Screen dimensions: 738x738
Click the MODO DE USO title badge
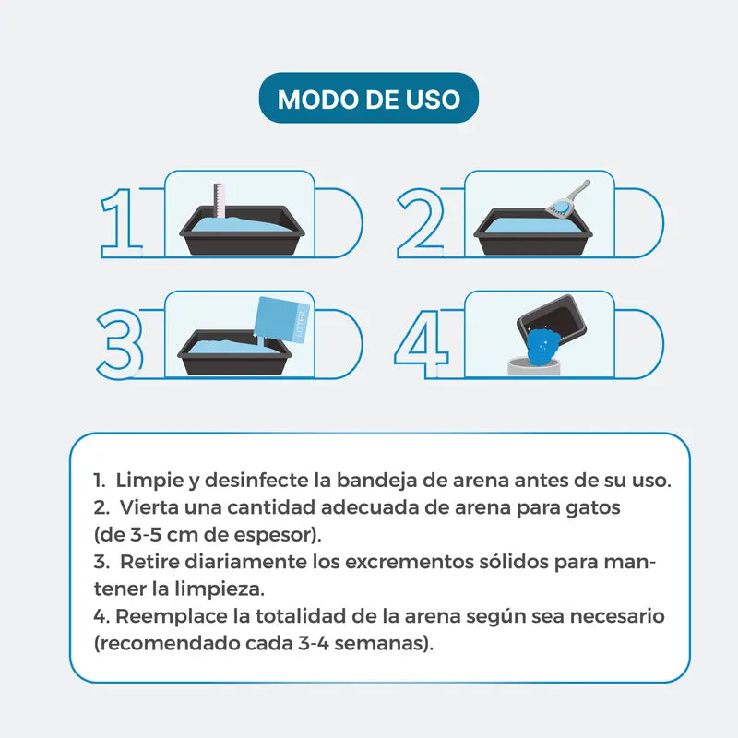pyautogui.click(x=368, y=98)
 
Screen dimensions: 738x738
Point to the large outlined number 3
pyautogui.click(x=120, y=344)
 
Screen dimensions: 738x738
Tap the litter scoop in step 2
pyautogui.click(x=568, y=199)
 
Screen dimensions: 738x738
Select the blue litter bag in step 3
pyautogui.click(x=281, y=321)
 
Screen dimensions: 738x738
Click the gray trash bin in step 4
pyautogui.click(x=535, y=366)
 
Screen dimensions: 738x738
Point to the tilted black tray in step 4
pyautogui.click(x=553, y=320)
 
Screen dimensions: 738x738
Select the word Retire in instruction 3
pyautogui.click(x=149, y=562)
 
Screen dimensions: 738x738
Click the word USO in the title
pyautogui.click(x=433, y=100)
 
